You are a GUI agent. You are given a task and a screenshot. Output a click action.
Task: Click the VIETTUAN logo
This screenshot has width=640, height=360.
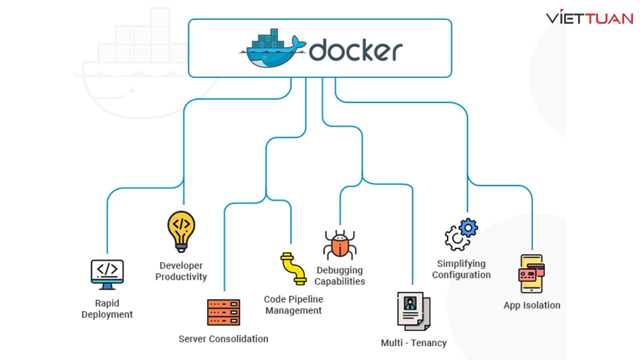click(x=589, y=18)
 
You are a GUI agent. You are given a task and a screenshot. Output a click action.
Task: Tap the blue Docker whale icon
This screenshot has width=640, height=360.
click(x=272, y=50)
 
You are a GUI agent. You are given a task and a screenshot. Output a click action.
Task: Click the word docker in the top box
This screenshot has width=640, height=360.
click(x=355, y=50)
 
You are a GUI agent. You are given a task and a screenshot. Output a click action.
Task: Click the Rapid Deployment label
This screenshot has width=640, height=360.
click(x=107, y=308)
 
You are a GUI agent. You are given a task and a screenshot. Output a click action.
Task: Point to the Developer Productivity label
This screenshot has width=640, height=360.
click(x=181, y=271)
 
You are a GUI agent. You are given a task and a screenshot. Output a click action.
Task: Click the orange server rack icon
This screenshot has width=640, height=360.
click(x=223, y=312)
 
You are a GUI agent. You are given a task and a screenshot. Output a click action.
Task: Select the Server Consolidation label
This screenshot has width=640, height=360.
click(x=223, y=339)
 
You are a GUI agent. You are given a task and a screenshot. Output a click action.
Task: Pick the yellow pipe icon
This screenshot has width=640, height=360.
click(x=293, y=268)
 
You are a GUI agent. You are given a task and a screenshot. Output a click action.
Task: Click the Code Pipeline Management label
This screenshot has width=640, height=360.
click(x=293, y=305)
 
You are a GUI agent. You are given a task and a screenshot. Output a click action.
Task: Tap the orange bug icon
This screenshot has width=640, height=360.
click(x=339, y=244)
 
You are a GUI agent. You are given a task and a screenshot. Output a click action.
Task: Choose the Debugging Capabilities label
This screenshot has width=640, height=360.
click(x=339, y=275)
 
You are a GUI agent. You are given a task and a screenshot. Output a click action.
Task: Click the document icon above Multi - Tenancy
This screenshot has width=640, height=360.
click(x=413, y=311)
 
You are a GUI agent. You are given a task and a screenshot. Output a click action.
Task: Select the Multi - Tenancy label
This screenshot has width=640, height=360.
click(x=413, y=343)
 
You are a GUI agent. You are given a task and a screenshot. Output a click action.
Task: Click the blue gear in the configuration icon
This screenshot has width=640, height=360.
click(x=468, y=228)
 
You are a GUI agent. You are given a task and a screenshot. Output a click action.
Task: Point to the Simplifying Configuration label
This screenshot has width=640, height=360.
click(x=461, y=269)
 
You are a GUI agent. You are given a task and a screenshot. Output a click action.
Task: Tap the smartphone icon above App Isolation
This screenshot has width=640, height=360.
click(x=531, y=274)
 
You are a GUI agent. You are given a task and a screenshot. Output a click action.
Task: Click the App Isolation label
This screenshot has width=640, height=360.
click(x=531, y=305)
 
